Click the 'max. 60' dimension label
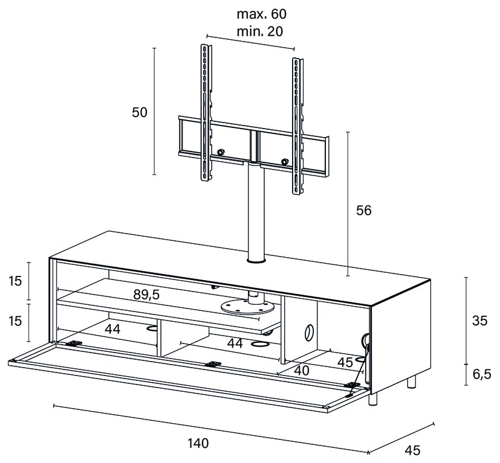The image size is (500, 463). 261,14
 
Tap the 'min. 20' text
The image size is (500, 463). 259,31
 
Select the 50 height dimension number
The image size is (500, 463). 140,112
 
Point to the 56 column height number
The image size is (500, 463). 364,211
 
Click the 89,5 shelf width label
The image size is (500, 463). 146,295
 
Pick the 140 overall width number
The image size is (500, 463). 198,443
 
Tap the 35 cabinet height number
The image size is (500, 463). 480,321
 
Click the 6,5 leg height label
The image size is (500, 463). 482,374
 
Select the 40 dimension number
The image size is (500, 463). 301,370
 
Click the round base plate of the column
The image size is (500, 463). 247,308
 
